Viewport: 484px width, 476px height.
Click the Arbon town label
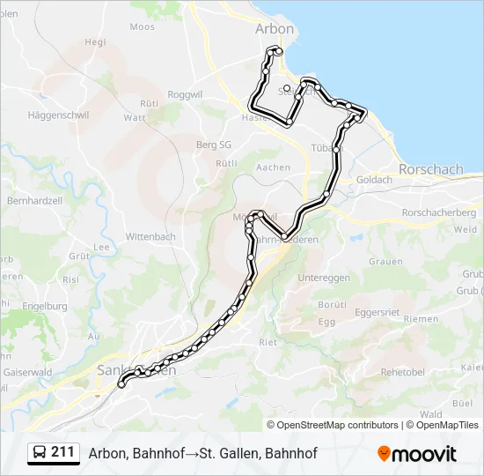275,29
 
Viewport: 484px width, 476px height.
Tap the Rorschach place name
430,168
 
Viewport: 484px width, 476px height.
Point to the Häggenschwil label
55,115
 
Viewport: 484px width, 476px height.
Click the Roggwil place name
186,94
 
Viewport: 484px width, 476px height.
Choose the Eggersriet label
377,312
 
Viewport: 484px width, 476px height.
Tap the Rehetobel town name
403,372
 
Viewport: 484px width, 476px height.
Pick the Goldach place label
375,180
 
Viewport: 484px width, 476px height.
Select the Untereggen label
324,278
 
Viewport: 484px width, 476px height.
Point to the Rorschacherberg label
438,212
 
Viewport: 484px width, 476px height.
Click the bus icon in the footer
40,453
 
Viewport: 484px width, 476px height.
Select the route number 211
62,452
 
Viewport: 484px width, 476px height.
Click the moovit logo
417,454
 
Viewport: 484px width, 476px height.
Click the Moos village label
142,26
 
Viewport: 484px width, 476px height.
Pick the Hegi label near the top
95,41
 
